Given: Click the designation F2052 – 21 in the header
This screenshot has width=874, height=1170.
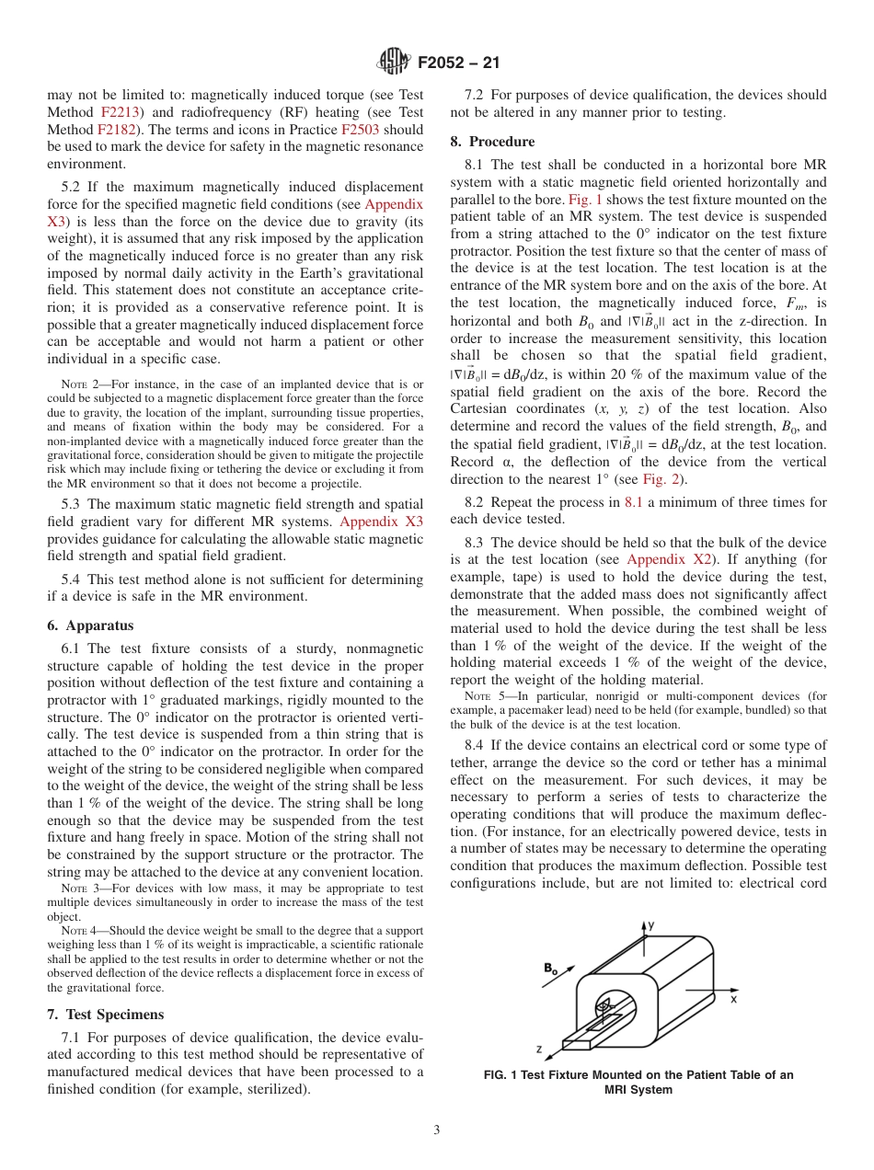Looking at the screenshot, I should (458, 63).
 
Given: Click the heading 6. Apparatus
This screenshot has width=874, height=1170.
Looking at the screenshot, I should (90, 625).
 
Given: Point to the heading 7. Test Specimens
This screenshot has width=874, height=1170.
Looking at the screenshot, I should (105, 1015).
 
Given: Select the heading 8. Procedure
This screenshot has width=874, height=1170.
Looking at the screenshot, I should (492, 142).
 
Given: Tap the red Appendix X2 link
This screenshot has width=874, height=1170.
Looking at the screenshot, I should (669, 559).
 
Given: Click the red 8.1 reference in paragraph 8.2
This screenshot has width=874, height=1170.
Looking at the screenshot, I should (635, 502).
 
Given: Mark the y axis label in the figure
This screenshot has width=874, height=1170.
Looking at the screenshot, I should (650, 924).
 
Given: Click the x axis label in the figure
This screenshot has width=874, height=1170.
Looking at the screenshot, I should (734, 997).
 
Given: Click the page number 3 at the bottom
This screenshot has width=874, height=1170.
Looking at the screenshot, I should (437, 1130).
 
